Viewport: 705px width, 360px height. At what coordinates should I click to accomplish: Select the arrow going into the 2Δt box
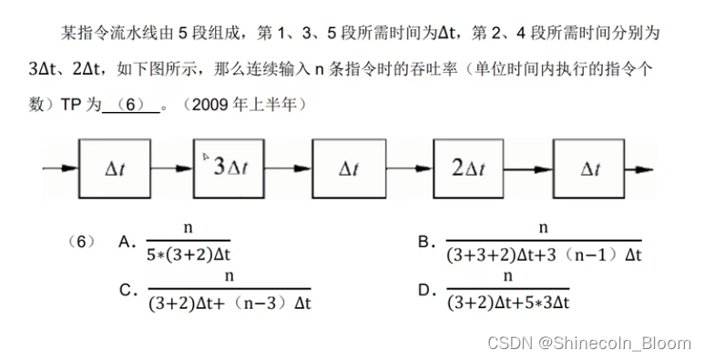tap(411, 170)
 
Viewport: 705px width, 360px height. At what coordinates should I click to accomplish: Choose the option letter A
tap(127, 242)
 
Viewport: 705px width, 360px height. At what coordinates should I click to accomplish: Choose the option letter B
tap(424, 242)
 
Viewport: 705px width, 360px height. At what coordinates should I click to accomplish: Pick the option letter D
tap(424, 291)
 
